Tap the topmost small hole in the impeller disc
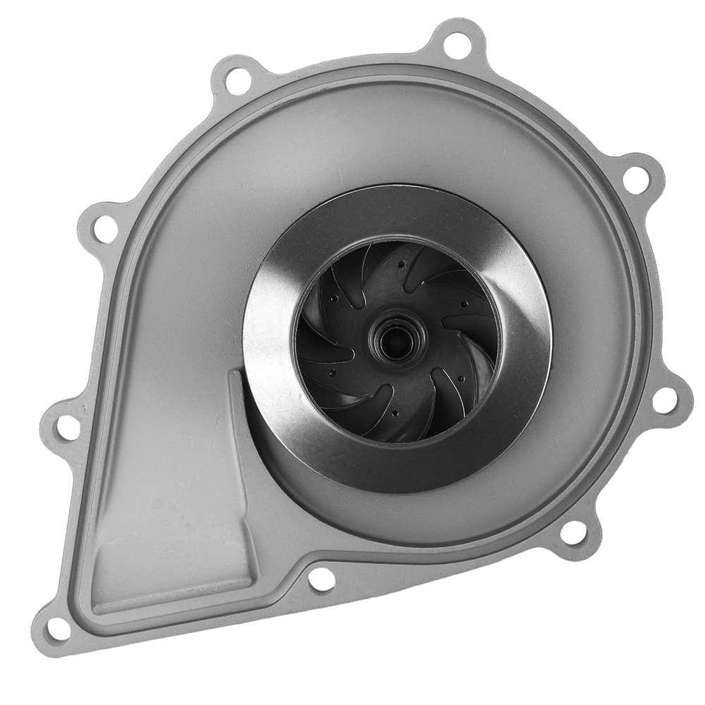click(x=400, y=265)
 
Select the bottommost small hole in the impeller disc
click(x=396, y=412)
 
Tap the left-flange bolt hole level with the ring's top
click(x=106, y=227)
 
